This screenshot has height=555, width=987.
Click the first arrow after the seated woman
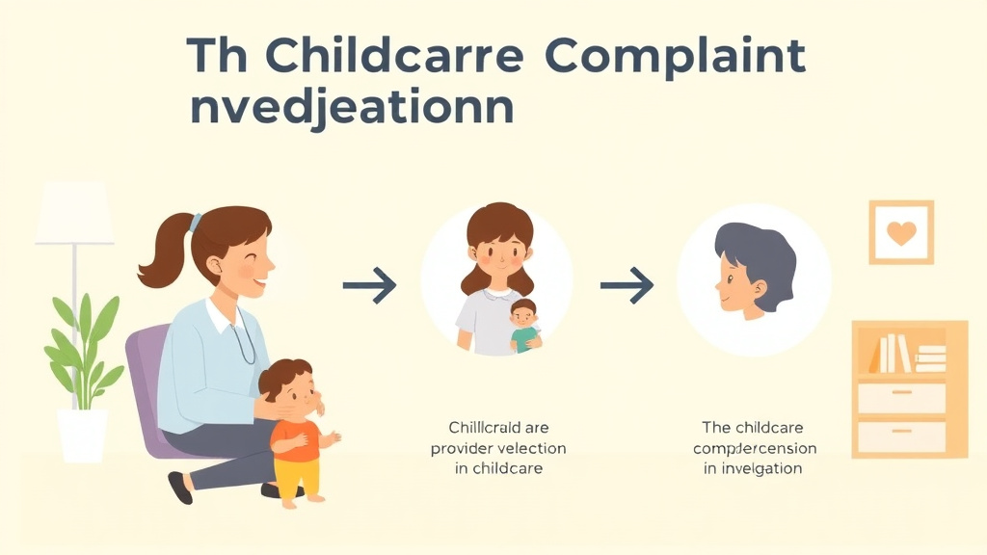click(369, 284)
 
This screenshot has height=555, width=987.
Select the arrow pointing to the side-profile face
click(627, 284)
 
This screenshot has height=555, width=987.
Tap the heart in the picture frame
click(901, 232)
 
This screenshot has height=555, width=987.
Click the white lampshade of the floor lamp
click(74, 214)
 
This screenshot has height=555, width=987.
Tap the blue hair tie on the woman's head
click(196, 223)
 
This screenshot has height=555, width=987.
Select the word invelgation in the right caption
click(764, 468)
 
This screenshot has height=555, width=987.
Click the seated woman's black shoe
click(180, 488)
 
